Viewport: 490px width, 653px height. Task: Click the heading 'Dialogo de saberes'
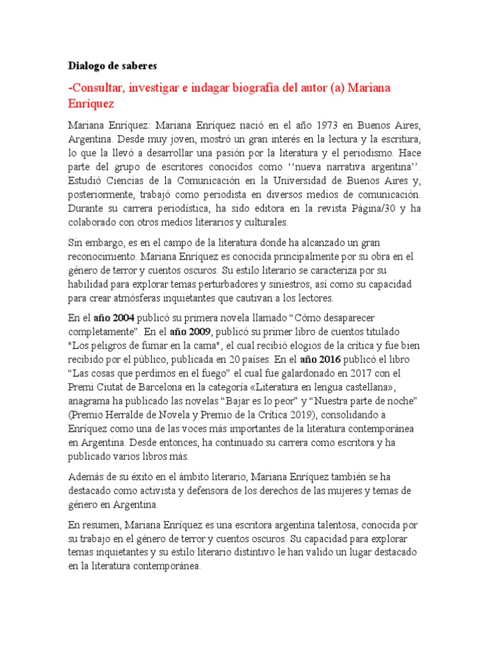click(x=112, y=66)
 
